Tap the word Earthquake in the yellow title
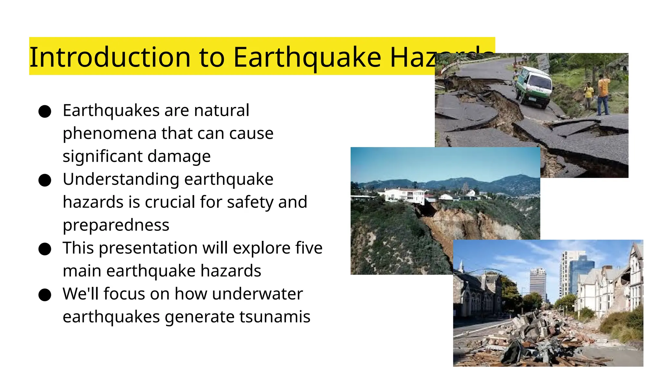(x=307, y=57)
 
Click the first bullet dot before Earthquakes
(x=45, y=111)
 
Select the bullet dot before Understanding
(x=45, y=180)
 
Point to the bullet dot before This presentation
(x=45, y=249)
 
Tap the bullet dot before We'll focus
(x=45, y=295)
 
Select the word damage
(x=179, y=156)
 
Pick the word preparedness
(x=116, y=225)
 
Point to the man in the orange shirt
(x=603, y=94)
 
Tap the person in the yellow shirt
(x=588, y=94)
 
